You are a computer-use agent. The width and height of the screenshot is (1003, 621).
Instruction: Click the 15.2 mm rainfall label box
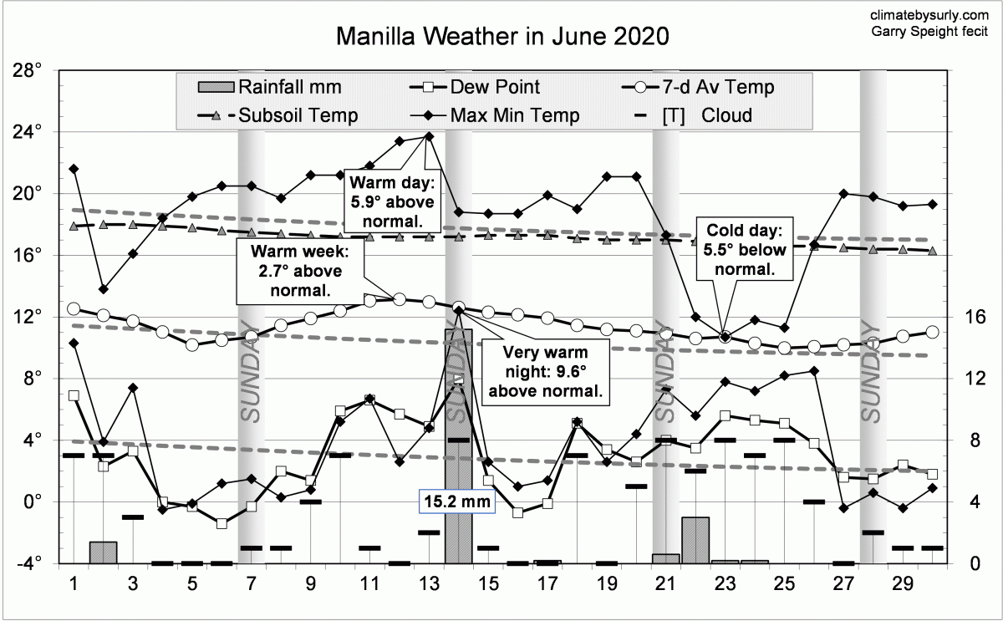457,501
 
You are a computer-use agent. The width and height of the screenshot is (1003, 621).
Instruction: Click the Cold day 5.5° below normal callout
743,249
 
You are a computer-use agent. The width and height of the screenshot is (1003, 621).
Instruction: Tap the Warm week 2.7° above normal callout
299,271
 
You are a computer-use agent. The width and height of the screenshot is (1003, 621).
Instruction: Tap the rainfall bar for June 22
695,540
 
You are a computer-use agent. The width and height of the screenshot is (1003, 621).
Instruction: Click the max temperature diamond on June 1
74,169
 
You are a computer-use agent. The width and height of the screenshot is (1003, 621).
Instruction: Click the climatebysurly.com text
929,14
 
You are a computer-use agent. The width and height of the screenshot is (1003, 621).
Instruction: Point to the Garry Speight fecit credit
929,32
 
